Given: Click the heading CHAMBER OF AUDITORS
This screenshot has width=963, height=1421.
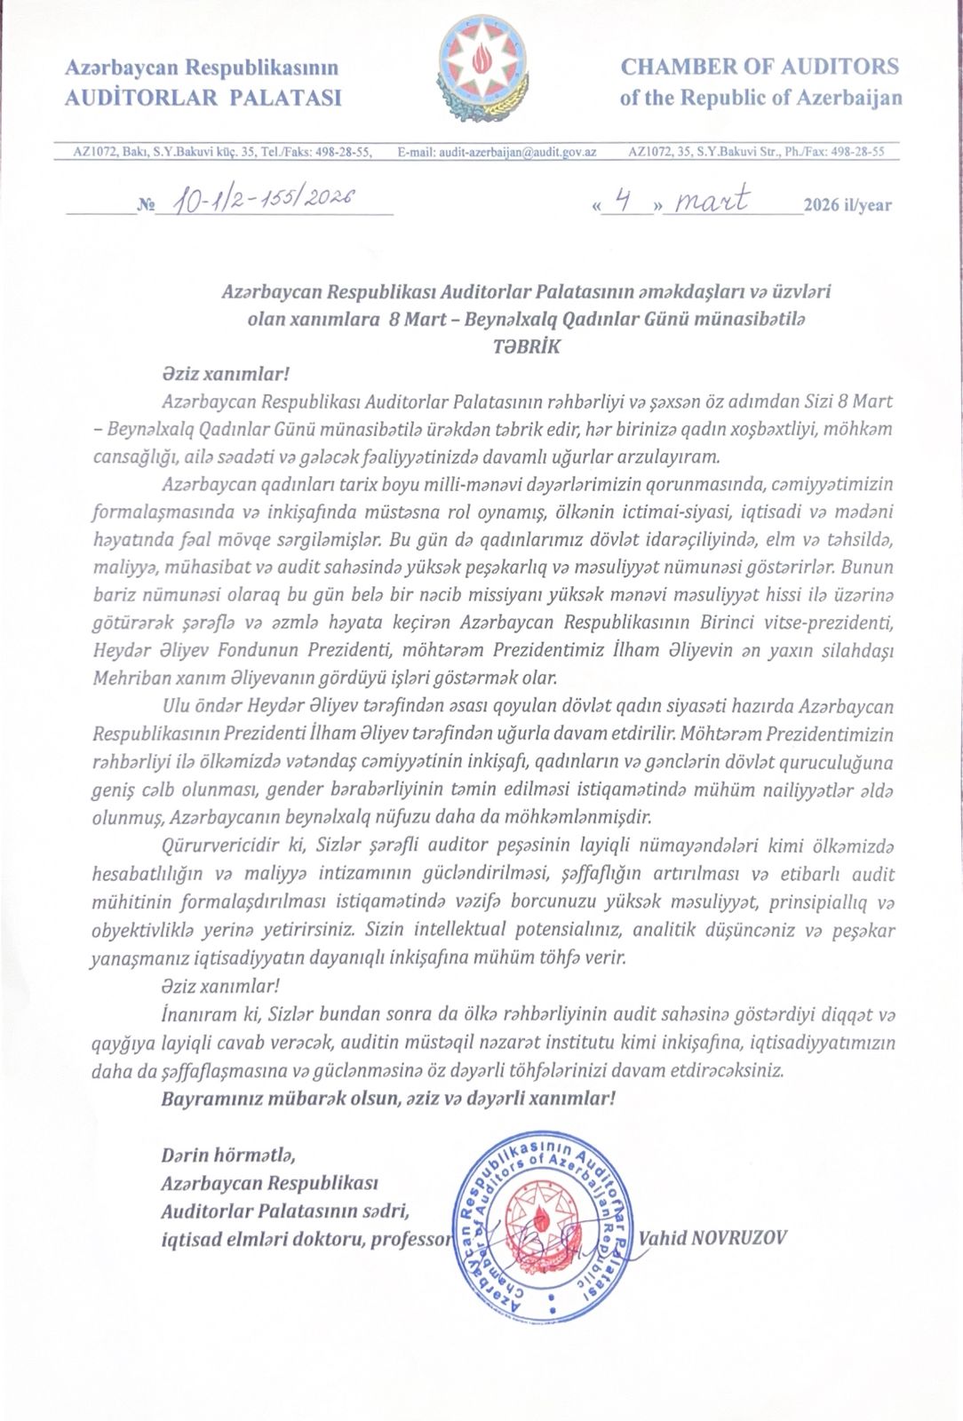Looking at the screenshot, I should [x=760, y=67].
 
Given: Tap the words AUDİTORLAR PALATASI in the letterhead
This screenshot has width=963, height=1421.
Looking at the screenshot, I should [x=203, y=98].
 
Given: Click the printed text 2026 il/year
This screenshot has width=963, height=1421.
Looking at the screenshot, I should [x=847, y=205].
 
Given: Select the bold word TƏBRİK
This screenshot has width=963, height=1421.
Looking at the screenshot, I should [x=527, y=346].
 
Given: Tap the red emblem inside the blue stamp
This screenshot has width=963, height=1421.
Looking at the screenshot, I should [x=542, y=1226].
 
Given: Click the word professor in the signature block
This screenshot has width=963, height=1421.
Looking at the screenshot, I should [x=411, y=1239].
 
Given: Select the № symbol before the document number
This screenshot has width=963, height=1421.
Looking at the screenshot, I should [x=145, y=206].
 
